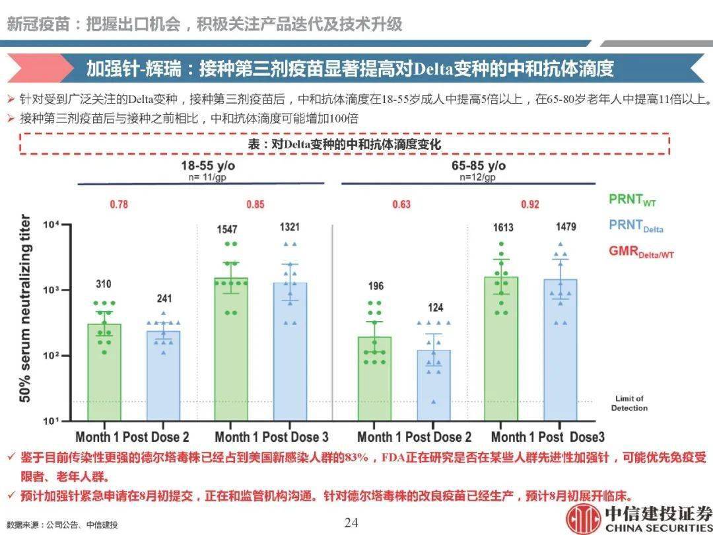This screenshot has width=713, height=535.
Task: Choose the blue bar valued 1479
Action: (x=560, y=349)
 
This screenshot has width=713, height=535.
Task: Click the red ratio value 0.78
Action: (x=119, y=204)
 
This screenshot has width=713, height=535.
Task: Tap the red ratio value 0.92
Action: (x=529, y=204)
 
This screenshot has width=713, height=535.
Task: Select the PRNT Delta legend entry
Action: (x=636, y=226)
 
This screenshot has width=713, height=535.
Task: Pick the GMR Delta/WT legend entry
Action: (x=641, y=252)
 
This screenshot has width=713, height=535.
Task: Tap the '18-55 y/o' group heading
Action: (x=209, y=165)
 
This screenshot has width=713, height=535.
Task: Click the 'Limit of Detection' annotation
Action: (x=628, y=403)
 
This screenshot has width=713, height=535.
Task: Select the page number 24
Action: (x=351, y=523)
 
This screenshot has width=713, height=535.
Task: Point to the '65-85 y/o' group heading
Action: (x=479, y=165)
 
